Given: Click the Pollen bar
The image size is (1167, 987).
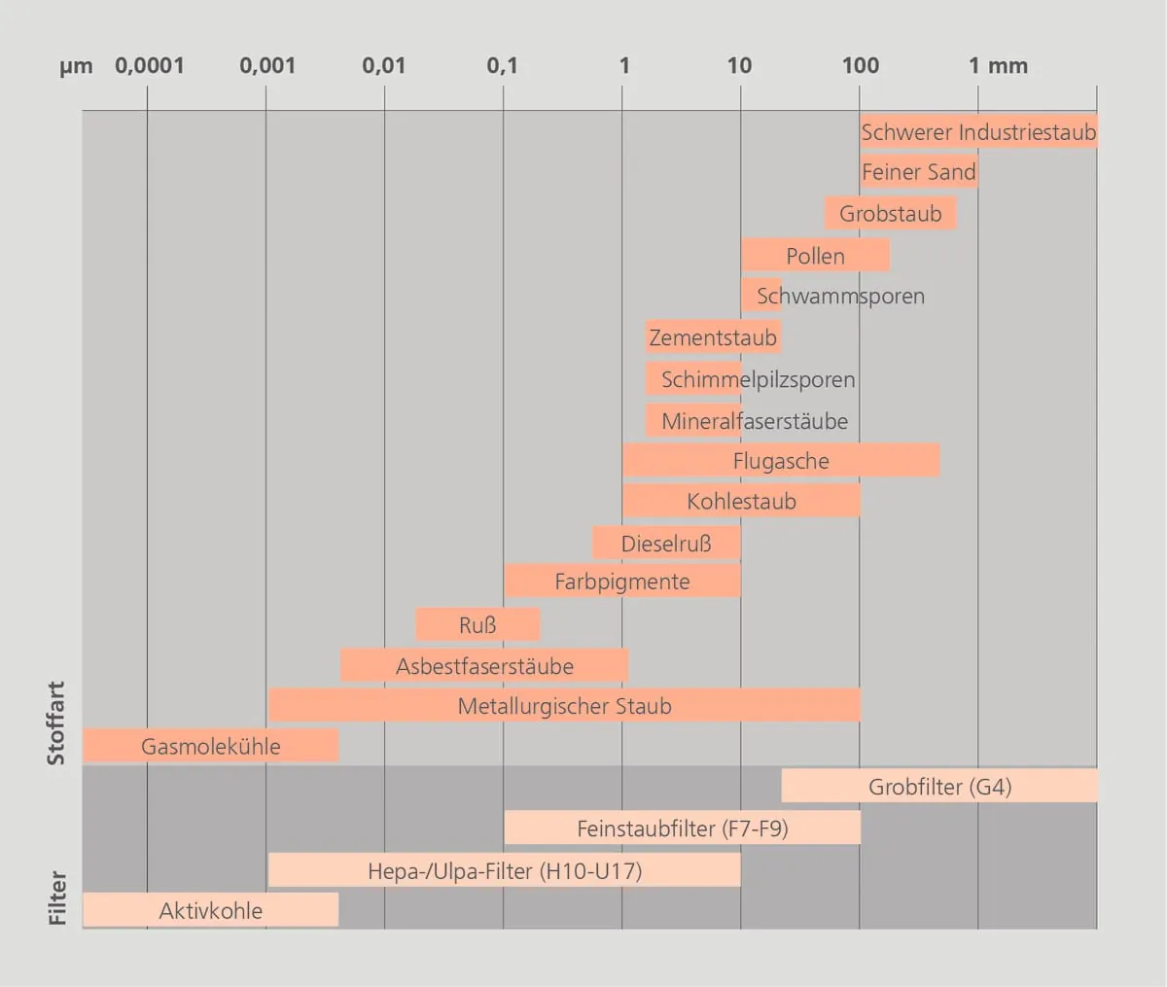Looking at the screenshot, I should click(x=815, y=256).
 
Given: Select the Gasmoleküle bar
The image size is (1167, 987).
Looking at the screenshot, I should click(x=210, y=746).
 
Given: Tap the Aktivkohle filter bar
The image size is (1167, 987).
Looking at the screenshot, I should click(x=210, y=910).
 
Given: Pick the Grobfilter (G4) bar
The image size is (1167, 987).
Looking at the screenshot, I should click(x=939, y=787).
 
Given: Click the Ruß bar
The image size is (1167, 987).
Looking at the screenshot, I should click(x=477, y=625).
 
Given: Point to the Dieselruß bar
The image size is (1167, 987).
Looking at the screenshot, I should click(x=666, y=544).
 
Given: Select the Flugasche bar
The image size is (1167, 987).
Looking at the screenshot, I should click(x=781, y=461).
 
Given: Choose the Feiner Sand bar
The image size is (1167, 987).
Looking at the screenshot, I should click(x=918, y=172).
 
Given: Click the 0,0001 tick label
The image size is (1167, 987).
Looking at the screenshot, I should click(x=149, y=66).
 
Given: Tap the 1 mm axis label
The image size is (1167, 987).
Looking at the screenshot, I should click(x=998, y=66).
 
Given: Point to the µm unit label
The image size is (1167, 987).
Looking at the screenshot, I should click(x=76, y=67).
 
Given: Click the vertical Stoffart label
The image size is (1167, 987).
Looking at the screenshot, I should click(x=56, y=723).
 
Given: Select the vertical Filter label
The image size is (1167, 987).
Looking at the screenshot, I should click(x=57, y=898).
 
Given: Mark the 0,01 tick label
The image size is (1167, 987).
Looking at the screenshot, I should click(x=383, y=66).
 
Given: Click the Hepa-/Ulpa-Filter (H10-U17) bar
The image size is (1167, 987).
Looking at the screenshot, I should click(x=504, y=870).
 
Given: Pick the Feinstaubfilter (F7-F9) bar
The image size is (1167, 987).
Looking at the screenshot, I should click(x=682, y=828).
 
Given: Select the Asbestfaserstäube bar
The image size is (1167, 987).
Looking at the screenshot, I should click(x=484, y=666).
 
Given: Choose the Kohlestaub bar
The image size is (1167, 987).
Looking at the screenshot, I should click(x=741, y=502).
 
